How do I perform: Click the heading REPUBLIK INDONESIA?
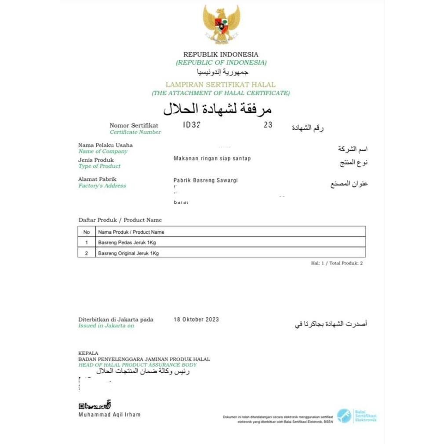[221, 55]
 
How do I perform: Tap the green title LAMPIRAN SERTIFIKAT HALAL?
[220, 84]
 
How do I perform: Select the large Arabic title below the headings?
[218, 109]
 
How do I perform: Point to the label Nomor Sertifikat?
[134, 126]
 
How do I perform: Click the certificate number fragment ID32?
[192, 125]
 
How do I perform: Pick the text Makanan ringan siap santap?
[212, 158]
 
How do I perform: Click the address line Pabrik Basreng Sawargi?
[206, 180]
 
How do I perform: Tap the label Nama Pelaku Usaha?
[106, 145]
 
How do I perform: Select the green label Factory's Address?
[102, 186]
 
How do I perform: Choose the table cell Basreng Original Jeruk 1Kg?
[128, 253]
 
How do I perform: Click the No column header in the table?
[87, 232]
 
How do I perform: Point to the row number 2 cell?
[87, 253]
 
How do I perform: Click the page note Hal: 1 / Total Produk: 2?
[337, 263]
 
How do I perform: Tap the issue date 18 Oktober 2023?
[196, 320]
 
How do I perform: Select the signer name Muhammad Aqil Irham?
[109, 415]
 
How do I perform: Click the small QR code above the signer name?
[81, 406]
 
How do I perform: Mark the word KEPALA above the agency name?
[88, 353]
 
